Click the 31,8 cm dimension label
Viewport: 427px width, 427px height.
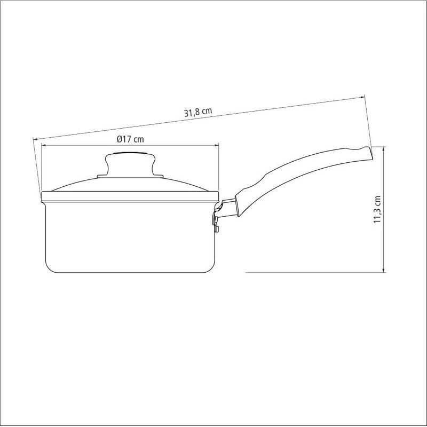(198, 112)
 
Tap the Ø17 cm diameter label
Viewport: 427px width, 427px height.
(130, 139)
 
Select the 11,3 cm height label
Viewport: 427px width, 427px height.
(377, 209)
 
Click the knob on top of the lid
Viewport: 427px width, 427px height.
(130, 164)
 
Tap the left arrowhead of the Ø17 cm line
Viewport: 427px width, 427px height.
(43, 145)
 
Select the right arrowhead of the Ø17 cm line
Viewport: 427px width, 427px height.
(217, 145)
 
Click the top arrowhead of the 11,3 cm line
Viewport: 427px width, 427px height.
(383, 149)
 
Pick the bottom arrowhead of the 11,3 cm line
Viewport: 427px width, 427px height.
(383, 270)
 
